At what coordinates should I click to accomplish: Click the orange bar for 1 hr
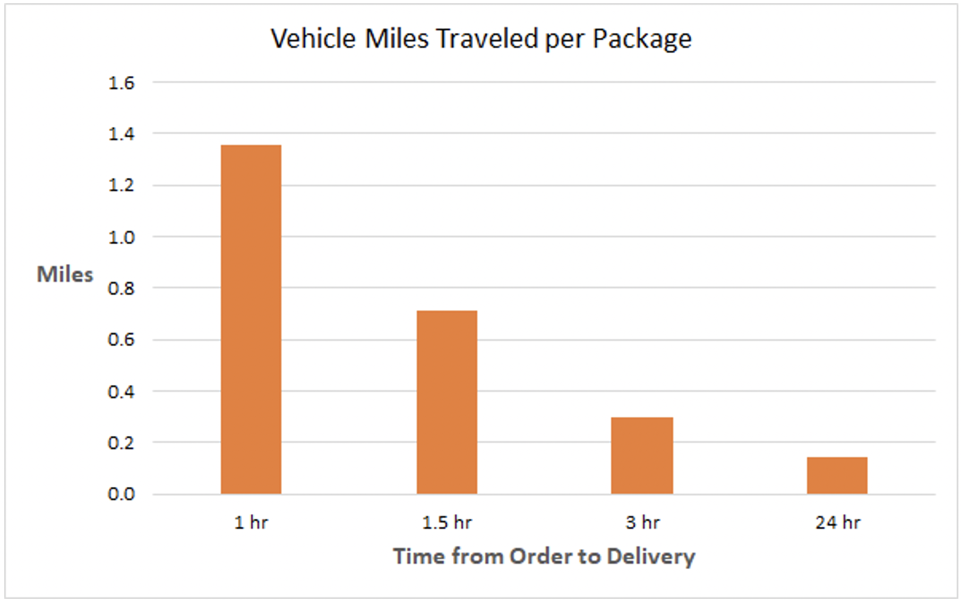251,319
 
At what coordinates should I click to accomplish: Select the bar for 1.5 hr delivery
447,402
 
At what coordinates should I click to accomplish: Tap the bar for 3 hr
641,456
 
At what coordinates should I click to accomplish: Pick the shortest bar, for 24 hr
837,475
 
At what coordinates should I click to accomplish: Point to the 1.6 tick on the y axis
121,83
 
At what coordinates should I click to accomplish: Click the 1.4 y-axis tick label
121,134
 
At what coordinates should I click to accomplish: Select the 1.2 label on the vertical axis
121,185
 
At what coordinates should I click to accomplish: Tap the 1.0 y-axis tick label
121,237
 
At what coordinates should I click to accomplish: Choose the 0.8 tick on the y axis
121,288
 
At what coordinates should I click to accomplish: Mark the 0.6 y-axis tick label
121,339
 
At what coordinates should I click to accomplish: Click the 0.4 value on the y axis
121,392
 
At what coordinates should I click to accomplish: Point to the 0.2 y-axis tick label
121,443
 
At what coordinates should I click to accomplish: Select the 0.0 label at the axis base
121,494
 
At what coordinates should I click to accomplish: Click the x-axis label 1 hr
251,522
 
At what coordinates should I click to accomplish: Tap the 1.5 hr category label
447,522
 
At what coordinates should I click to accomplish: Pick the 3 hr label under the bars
642,522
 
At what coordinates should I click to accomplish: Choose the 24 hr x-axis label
837,522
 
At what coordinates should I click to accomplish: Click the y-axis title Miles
65,274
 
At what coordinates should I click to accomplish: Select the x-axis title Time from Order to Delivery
544,556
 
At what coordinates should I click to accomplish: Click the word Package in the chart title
642,39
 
